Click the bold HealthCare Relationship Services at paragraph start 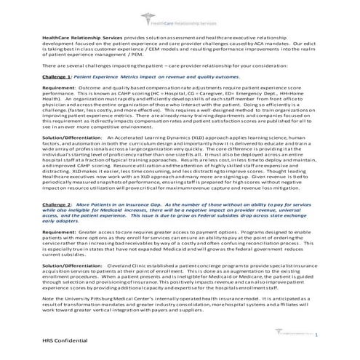pos(82,35)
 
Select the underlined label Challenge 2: pos(58,206)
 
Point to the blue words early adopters pos(60,223)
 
